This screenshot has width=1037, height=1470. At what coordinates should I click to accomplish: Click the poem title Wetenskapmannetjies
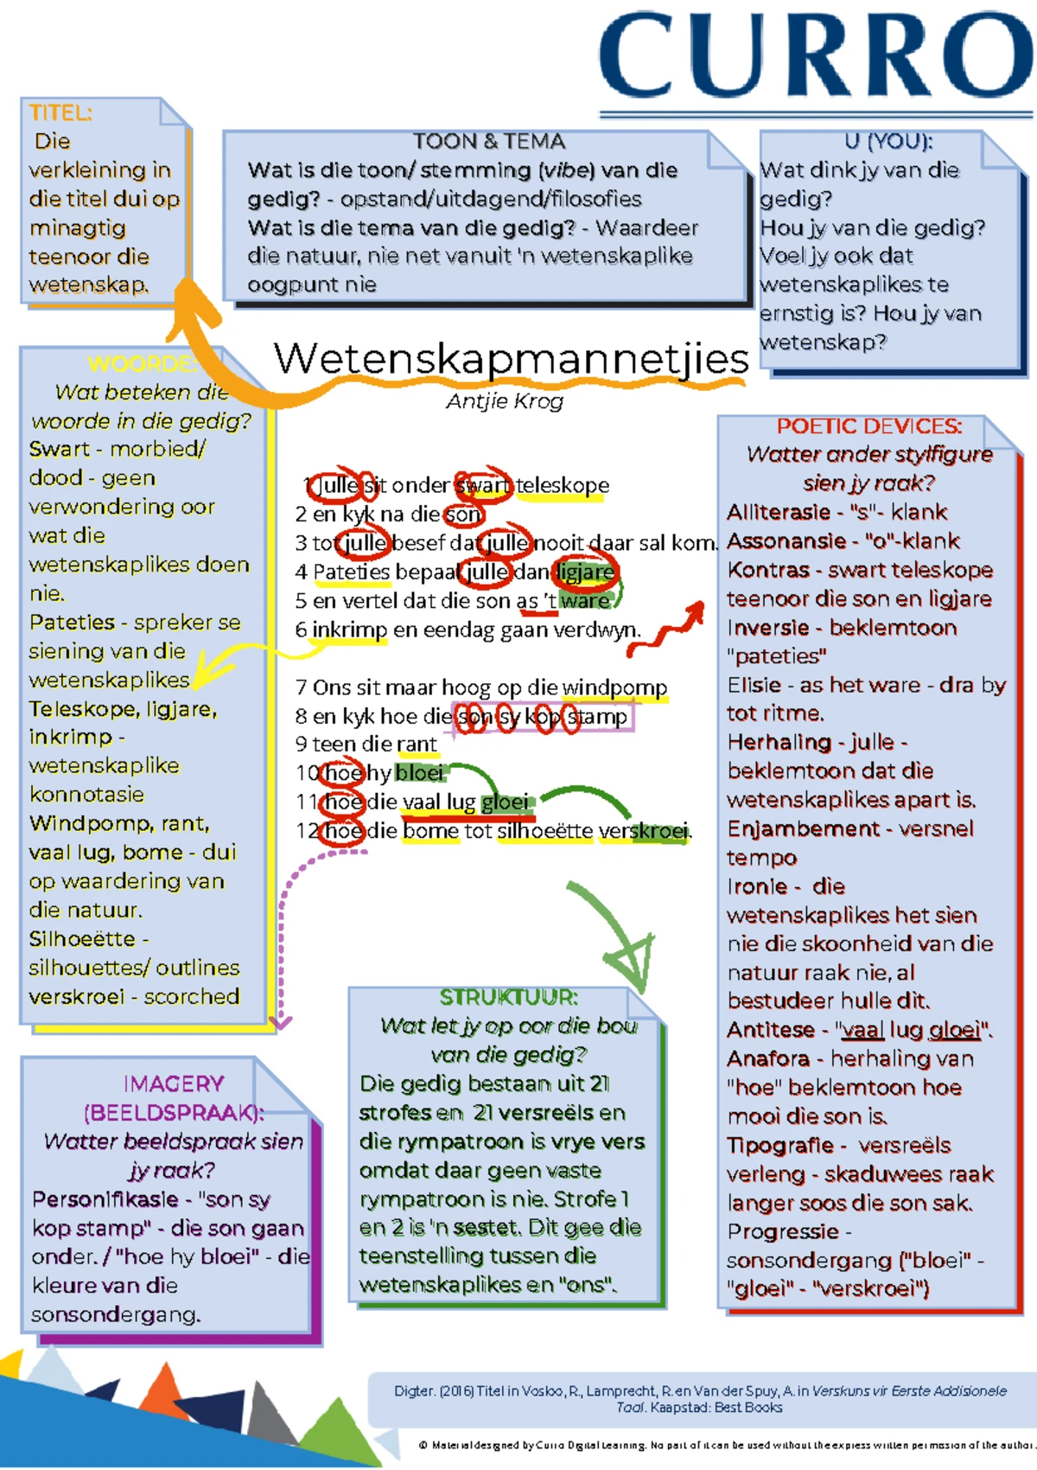tap(510, 359)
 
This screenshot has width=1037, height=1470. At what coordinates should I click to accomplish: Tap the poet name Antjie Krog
tap(505, 401)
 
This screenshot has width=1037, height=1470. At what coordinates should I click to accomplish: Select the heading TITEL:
tap(60, 113)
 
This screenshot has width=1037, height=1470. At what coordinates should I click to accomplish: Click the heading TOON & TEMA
tap(488, 142)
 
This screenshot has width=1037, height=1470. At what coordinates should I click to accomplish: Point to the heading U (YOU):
tap(888, 142)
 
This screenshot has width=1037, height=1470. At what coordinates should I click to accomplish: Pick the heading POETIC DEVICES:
tap(868, 426)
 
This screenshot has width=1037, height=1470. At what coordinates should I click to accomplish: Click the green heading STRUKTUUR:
tap(508, 997)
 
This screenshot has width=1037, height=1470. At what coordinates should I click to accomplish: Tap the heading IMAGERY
tap(173, 1083)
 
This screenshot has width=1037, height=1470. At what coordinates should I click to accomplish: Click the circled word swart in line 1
tap(484, 486)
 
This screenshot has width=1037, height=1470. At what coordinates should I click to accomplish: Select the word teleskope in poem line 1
tap(563, 486)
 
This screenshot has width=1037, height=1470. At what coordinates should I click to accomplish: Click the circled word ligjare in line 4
tap(586, 572)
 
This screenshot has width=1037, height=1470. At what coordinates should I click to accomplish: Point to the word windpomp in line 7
tap(614, 687)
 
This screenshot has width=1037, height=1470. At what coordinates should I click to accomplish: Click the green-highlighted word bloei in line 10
tap(420, 772)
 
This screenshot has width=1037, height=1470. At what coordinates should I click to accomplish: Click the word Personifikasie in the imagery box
tap(105, 1199)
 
